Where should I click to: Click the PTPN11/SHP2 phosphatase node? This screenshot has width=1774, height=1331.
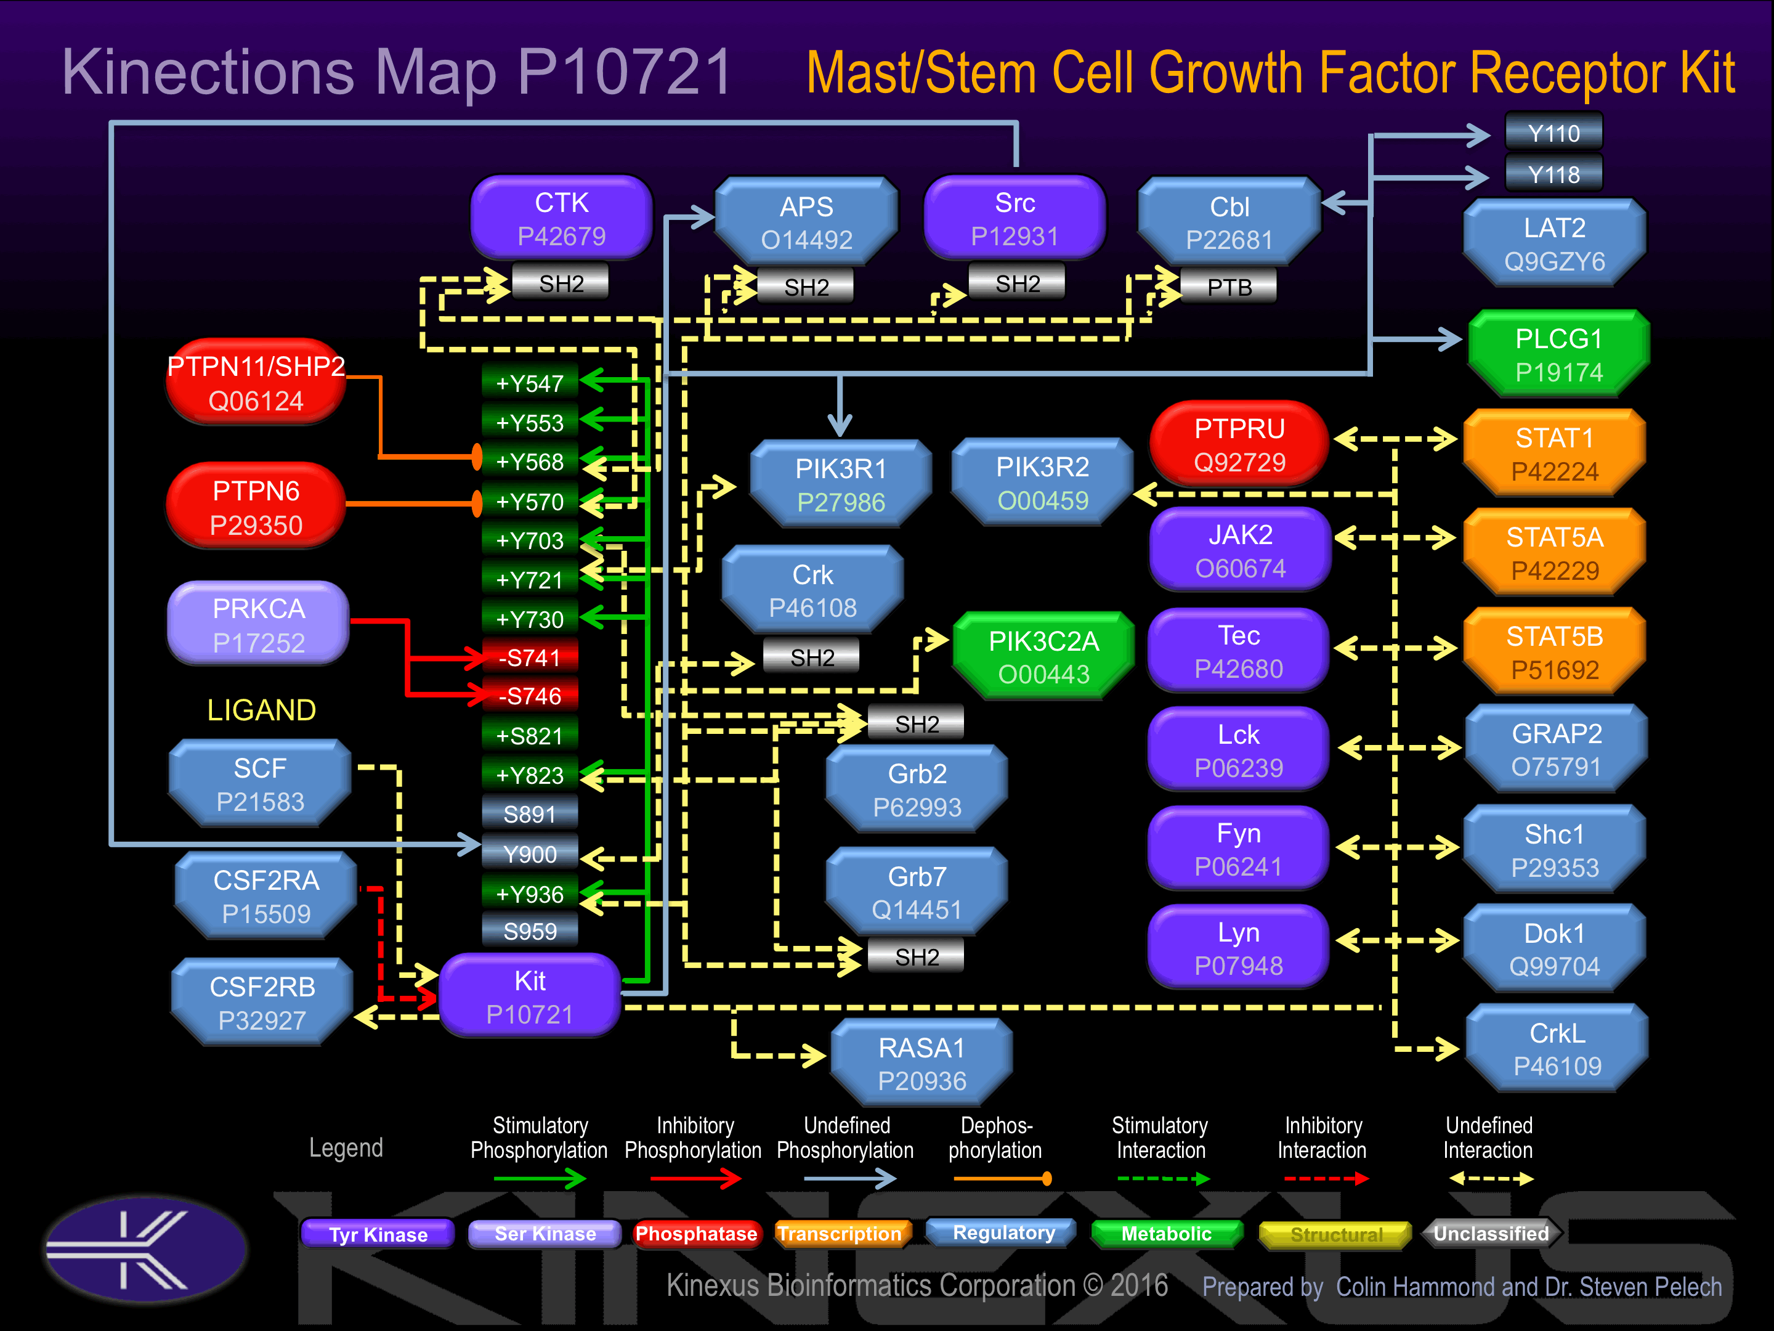click(256, 383)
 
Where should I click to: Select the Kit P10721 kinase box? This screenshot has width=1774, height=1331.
click(530, 997)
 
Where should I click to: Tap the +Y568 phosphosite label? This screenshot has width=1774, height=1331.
click(529, 462)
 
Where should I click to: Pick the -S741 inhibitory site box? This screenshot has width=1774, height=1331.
click(529, 658)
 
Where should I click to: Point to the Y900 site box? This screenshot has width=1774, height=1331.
click(529, 855)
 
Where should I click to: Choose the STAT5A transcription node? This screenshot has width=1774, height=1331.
click(1554, 553)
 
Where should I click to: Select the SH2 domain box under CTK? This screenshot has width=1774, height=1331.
click(561, 283)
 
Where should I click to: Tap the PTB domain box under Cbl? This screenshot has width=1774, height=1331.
click(1229, 287)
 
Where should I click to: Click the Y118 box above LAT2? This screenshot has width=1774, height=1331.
click(1553, 174)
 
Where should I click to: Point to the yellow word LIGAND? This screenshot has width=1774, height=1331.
click(261, 710)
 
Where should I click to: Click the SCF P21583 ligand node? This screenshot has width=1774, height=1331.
click(260, 784)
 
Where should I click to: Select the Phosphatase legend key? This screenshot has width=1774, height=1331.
click(695, 1234)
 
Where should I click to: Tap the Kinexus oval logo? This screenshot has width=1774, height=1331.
click(146, 1249)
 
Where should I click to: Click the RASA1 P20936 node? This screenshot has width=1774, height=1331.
click(921, 1064)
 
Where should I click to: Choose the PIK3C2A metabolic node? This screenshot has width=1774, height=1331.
click(1043, 657)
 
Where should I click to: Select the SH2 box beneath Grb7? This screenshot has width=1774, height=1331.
click(917, 957)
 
